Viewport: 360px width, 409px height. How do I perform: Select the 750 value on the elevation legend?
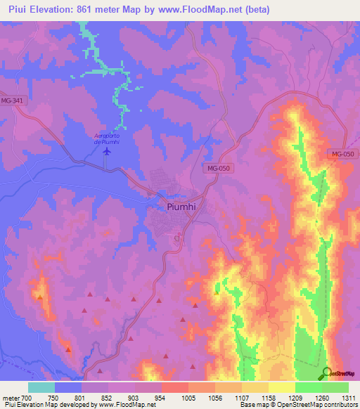[x=53, y=397]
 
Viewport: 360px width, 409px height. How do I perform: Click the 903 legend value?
[x=133, y=397]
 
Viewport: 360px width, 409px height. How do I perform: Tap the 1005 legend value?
[x=186, y=397]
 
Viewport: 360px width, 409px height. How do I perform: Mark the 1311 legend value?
[x=347, y=397]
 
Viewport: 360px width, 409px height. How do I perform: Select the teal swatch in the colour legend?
[x=41, y=387]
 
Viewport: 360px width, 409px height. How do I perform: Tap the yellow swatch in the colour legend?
[x=281, y=387]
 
